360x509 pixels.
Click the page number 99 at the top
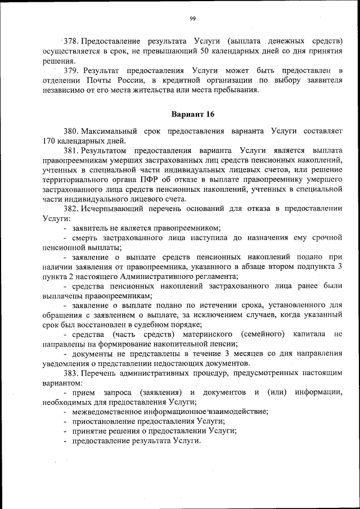[192, 19]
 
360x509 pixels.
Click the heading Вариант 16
[192, 114]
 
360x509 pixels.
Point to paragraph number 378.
[71, 41]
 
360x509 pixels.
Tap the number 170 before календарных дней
[51, 141]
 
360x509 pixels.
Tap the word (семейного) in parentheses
[262, 334]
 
